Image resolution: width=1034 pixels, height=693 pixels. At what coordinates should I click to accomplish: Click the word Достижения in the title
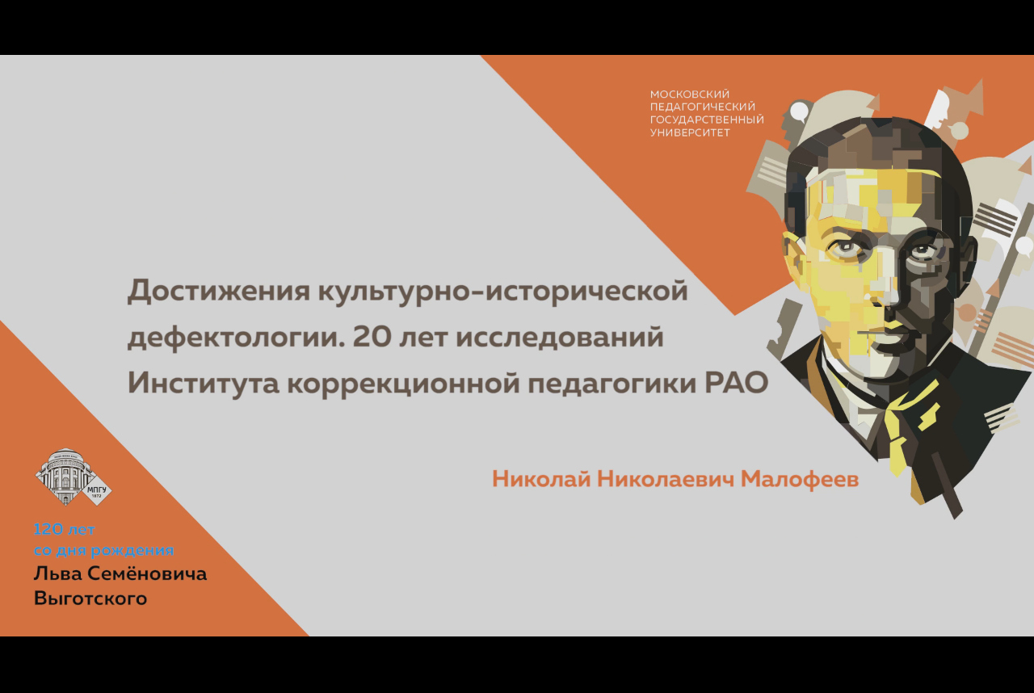(x=219, y=292)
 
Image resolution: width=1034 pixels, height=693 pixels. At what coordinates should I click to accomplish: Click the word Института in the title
(x=204, y=383)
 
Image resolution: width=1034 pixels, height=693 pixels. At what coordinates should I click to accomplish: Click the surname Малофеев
(x=800, y=480)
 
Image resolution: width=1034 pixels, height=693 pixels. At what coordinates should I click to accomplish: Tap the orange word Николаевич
(x=665, y=480)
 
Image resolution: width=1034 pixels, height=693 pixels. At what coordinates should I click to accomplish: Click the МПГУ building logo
(x=74, y=477)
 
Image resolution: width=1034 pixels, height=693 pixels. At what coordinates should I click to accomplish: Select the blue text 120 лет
(x=64, y=529)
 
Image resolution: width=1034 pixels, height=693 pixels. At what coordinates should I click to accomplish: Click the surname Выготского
(x=90, y=598)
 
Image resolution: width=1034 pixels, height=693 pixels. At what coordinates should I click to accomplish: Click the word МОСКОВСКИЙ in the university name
(x=690, y=94)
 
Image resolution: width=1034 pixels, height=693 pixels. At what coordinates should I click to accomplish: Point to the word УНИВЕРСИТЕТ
(x=690, y=133)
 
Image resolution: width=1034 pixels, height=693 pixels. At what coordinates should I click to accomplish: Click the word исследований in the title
(x=560, y=337)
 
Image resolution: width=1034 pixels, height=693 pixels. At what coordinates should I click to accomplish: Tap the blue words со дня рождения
(x=104, y=550)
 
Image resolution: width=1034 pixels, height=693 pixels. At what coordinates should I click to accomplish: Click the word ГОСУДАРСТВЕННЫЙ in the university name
(x=707, y=120)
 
